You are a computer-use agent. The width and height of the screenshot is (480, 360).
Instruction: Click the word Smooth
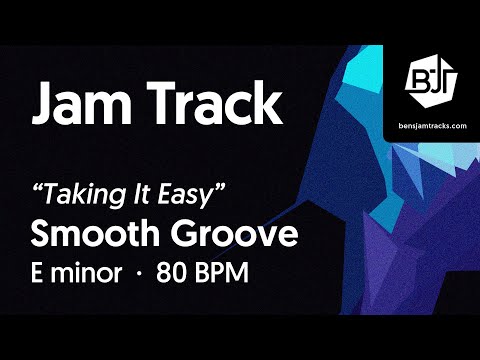(x=90, y=235)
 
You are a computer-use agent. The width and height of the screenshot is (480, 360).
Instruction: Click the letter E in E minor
(x=42, y=273)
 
